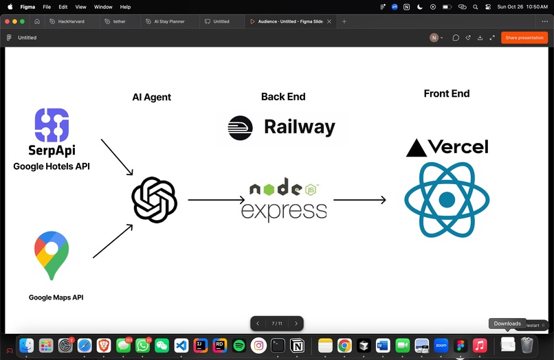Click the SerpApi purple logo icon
(52, 125)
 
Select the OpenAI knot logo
(155, 200)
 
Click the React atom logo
(447, 200)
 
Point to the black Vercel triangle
(417, 148)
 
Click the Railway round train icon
(241, 128)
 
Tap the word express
(284, 212)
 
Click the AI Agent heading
(152, 97)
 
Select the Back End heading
(283, 96)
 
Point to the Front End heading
(447, 93)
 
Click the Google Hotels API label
(52, 166)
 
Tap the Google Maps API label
(56, 297)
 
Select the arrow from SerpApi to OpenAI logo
(117, 157)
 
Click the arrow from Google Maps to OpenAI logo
(113, 241)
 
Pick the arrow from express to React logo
(359, 200)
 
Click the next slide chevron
(296, 324)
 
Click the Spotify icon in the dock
(239, 346)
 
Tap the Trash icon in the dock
(527, 345)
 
